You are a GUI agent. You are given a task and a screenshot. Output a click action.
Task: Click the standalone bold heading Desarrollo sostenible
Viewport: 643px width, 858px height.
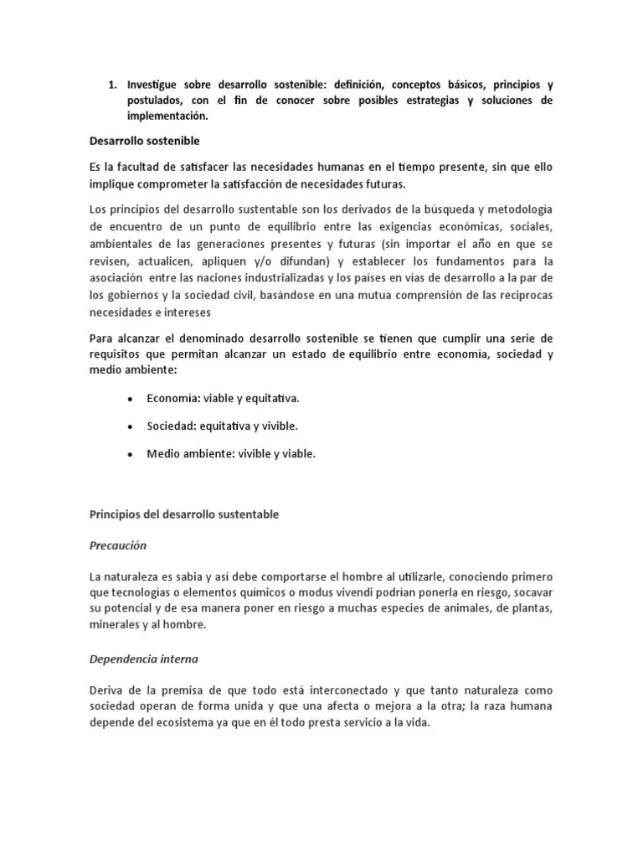[x=144, y=141]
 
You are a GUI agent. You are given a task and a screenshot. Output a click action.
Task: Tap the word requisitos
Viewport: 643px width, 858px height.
[x=118, y=354]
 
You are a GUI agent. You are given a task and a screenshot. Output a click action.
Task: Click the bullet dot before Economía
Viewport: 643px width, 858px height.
[x=131, y=399]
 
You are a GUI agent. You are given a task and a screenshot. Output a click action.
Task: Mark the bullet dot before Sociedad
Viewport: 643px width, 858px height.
[x=131, y=426]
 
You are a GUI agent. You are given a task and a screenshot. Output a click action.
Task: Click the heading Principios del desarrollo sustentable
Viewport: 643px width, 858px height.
[x=183, y=514]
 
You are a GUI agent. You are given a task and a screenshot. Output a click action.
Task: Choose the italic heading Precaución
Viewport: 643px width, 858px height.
[x=117, y=545]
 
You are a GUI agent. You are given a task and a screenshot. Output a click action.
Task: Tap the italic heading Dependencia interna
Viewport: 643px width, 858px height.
[x=143, y=658]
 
